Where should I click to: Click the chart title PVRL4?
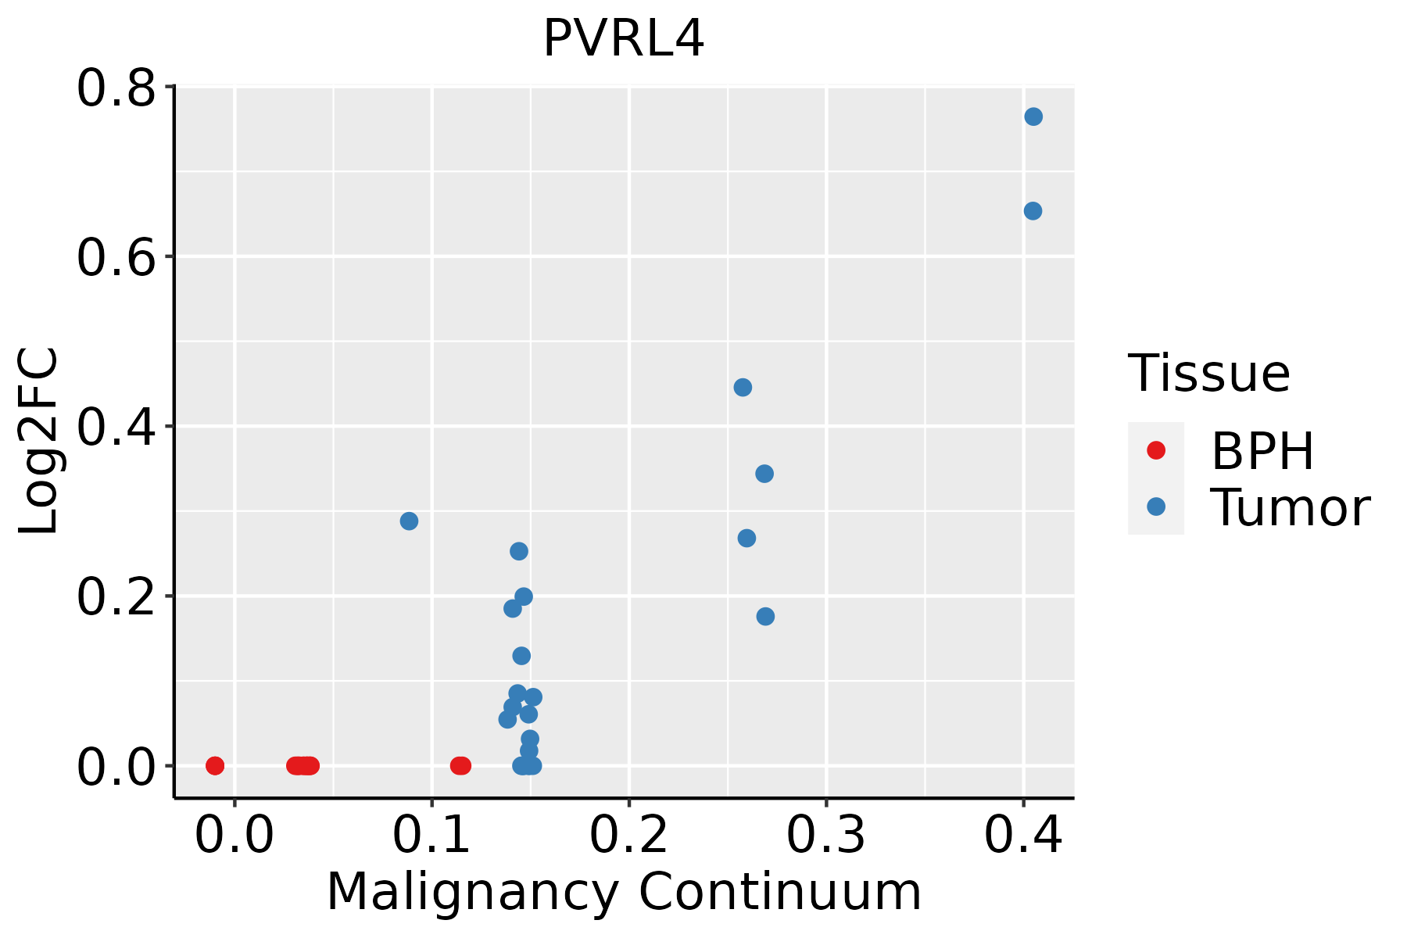[624, 38]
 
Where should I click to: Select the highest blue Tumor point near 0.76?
[1033, 116]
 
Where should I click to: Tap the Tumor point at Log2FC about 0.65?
[1033, 211]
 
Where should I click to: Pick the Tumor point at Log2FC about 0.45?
[743, 388]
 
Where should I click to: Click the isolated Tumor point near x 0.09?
[409, 521]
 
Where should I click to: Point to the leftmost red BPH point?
[215, 765]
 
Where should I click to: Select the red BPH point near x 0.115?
[460, 765]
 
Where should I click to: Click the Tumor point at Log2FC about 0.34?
[764, 474]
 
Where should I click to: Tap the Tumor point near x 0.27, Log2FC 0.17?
[765, 617]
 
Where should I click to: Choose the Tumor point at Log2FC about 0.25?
[519, 551]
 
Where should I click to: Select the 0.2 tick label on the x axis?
[628, 835]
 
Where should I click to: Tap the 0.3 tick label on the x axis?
[825, 835]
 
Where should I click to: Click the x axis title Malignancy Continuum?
[624, 892]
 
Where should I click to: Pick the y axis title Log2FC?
[38, 441]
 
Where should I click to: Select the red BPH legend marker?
[1156, 450]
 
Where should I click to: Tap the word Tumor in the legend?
[1291, 508]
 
